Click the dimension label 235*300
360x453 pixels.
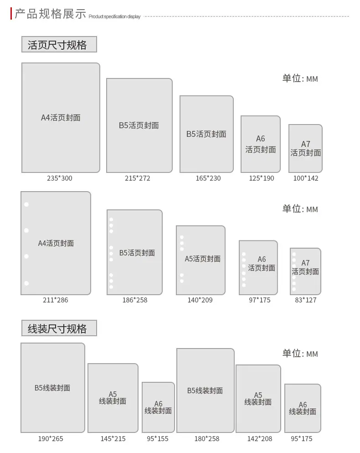point(60,178)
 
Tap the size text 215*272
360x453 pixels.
point(138,178)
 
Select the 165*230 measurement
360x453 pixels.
point(208,178)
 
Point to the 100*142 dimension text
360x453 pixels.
point(306,178)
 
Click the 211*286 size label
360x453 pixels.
point(56,300)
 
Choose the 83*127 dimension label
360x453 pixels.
point(305,300)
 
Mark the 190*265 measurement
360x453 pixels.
point(51,439)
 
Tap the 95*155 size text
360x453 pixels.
point(157,439)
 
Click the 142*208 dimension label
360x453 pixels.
point(260,439)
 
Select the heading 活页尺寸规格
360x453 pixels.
point(57,45)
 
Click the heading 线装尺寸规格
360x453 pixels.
point(57,329)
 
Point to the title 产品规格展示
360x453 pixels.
point(50,14)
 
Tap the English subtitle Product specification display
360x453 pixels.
point(114,16)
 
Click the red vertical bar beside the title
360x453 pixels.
point(11,14)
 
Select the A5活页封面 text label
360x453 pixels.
point(203,259)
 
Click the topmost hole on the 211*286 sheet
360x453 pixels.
point(26,204)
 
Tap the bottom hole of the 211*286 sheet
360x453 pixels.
point(26,283)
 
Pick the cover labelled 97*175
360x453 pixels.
point(258,268)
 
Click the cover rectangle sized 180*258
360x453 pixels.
point(205,391)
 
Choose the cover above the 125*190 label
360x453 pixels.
point(261,144)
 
